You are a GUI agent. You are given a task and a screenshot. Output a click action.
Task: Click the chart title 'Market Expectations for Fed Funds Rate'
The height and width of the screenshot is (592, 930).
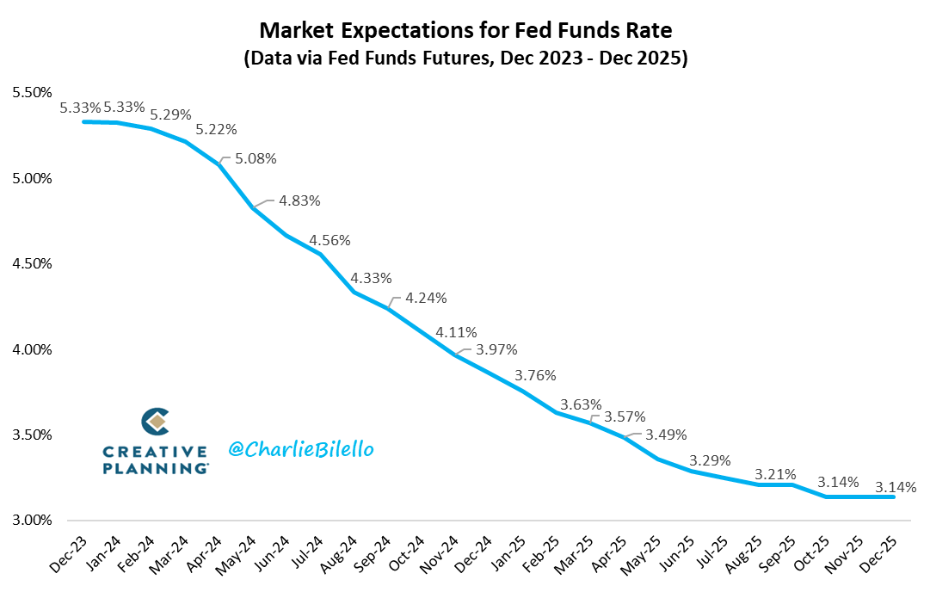tap(465, 32)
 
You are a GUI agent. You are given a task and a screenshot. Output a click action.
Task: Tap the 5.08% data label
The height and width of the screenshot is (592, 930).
tap(256, 158)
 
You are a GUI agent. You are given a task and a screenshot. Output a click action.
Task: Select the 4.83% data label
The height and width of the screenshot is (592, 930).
tap(299, 200)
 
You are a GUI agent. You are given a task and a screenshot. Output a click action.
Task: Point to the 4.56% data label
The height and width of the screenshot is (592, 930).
tap(330, 240)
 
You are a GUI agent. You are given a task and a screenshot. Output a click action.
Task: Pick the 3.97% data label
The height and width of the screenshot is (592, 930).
tap(496, 348)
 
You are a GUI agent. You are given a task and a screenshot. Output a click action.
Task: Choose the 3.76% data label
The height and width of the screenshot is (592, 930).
tap(535, 375)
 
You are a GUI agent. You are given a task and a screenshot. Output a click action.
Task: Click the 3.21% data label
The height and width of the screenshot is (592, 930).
tap(775, 474)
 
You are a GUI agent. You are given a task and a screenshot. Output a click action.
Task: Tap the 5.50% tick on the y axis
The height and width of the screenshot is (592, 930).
tap(31, 92)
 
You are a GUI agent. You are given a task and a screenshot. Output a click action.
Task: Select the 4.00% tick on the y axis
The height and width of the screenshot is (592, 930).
tap(31, 349)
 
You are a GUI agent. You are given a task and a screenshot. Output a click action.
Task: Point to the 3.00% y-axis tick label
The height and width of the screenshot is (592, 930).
tap(31, 521)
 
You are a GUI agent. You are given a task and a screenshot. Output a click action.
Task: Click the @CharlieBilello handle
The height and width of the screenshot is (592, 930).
tap(301, 449)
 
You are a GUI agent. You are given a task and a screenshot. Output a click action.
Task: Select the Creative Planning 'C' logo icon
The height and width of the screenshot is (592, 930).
tap(155, 422)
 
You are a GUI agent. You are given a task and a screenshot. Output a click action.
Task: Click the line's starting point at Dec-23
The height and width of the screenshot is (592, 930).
tap(83, 121)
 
